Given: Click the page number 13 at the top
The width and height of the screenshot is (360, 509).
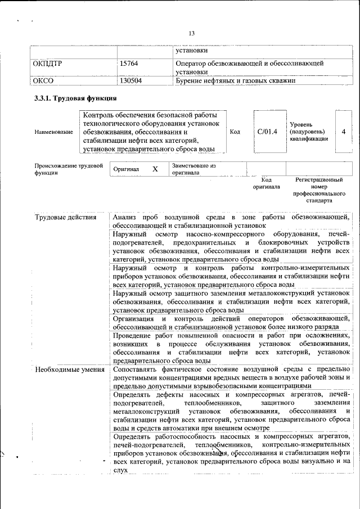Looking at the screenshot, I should (x=191, y=34).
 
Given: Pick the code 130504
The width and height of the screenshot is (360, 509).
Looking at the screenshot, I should (x=130, y=80).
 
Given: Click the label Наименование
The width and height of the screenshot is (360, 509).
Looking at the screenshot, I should (x=53, y=132).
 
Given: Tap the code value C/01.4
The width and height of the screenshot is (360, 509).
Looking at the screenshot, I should (x=267, y=132).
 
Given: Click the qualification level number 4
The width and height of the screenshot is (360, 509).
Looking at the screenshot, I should (x=343, y=132).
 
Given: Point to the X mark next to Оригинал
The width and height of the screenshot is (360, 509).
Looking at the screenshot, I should (x=155, y=169).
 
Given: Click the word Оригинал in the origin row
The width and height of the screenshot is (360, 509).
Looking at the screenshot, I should (x=126, y=169).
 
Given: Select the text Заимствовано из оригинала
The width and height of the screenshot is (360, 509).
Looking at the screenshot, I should (x=193, y=169).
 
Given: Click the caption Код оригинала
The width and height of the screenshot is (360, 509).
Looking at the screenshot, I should (x=266, y=183).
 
